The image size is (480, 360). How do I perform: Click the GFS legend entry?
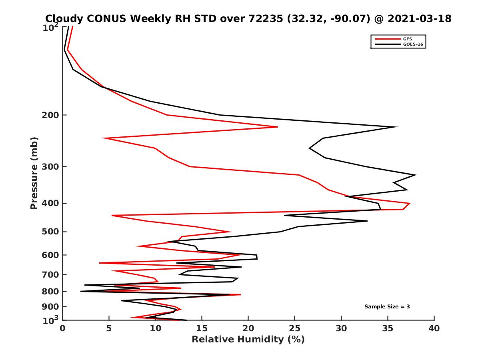coord(407,39)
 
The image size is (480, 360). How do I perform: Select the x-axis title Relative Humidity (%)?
coord(248,340)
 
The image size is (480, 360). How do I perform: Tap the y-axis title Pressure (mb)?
coord(34,173)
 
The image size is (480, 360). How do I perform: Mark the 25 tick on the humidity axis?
coord(295,328)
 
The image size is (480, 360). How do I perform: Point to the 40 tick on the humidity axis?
coord(434,328)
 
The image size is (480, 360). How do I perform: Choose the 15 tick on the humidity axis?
coord(202,328)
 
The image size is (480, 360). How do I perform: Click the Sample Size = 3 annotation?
coord(387,307)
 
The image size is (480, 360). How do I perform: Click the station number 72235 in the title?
coord(266,18)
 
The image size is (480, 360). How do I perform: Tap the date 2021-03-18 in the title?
coord(417,18)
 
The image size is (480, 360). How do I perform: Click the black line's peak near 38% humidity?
coord(416,175)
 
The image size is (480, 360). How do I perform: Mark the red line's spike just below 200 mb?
coord(277,127)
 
